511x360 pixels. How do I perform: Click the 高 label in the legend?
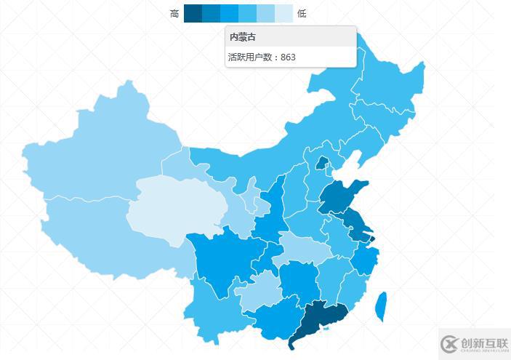(x=174, y=13)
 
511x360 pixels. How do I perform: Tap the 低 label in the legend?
(x=302, y=13)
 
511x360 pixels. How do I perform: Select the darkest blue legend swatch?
(x=193, y=13)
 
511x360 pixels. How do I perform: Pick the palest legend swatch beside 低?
(x=284, y=13)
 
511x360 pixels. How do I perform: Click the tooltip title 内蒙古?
(x=242, y=36)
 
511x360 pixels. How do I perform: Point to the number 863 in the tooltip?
(x=288, y=57)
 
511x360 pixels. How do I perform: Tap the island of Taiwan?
(x=379, y=305)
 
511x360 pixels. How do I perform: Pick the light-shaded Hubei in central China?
(x=302, y=247)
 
